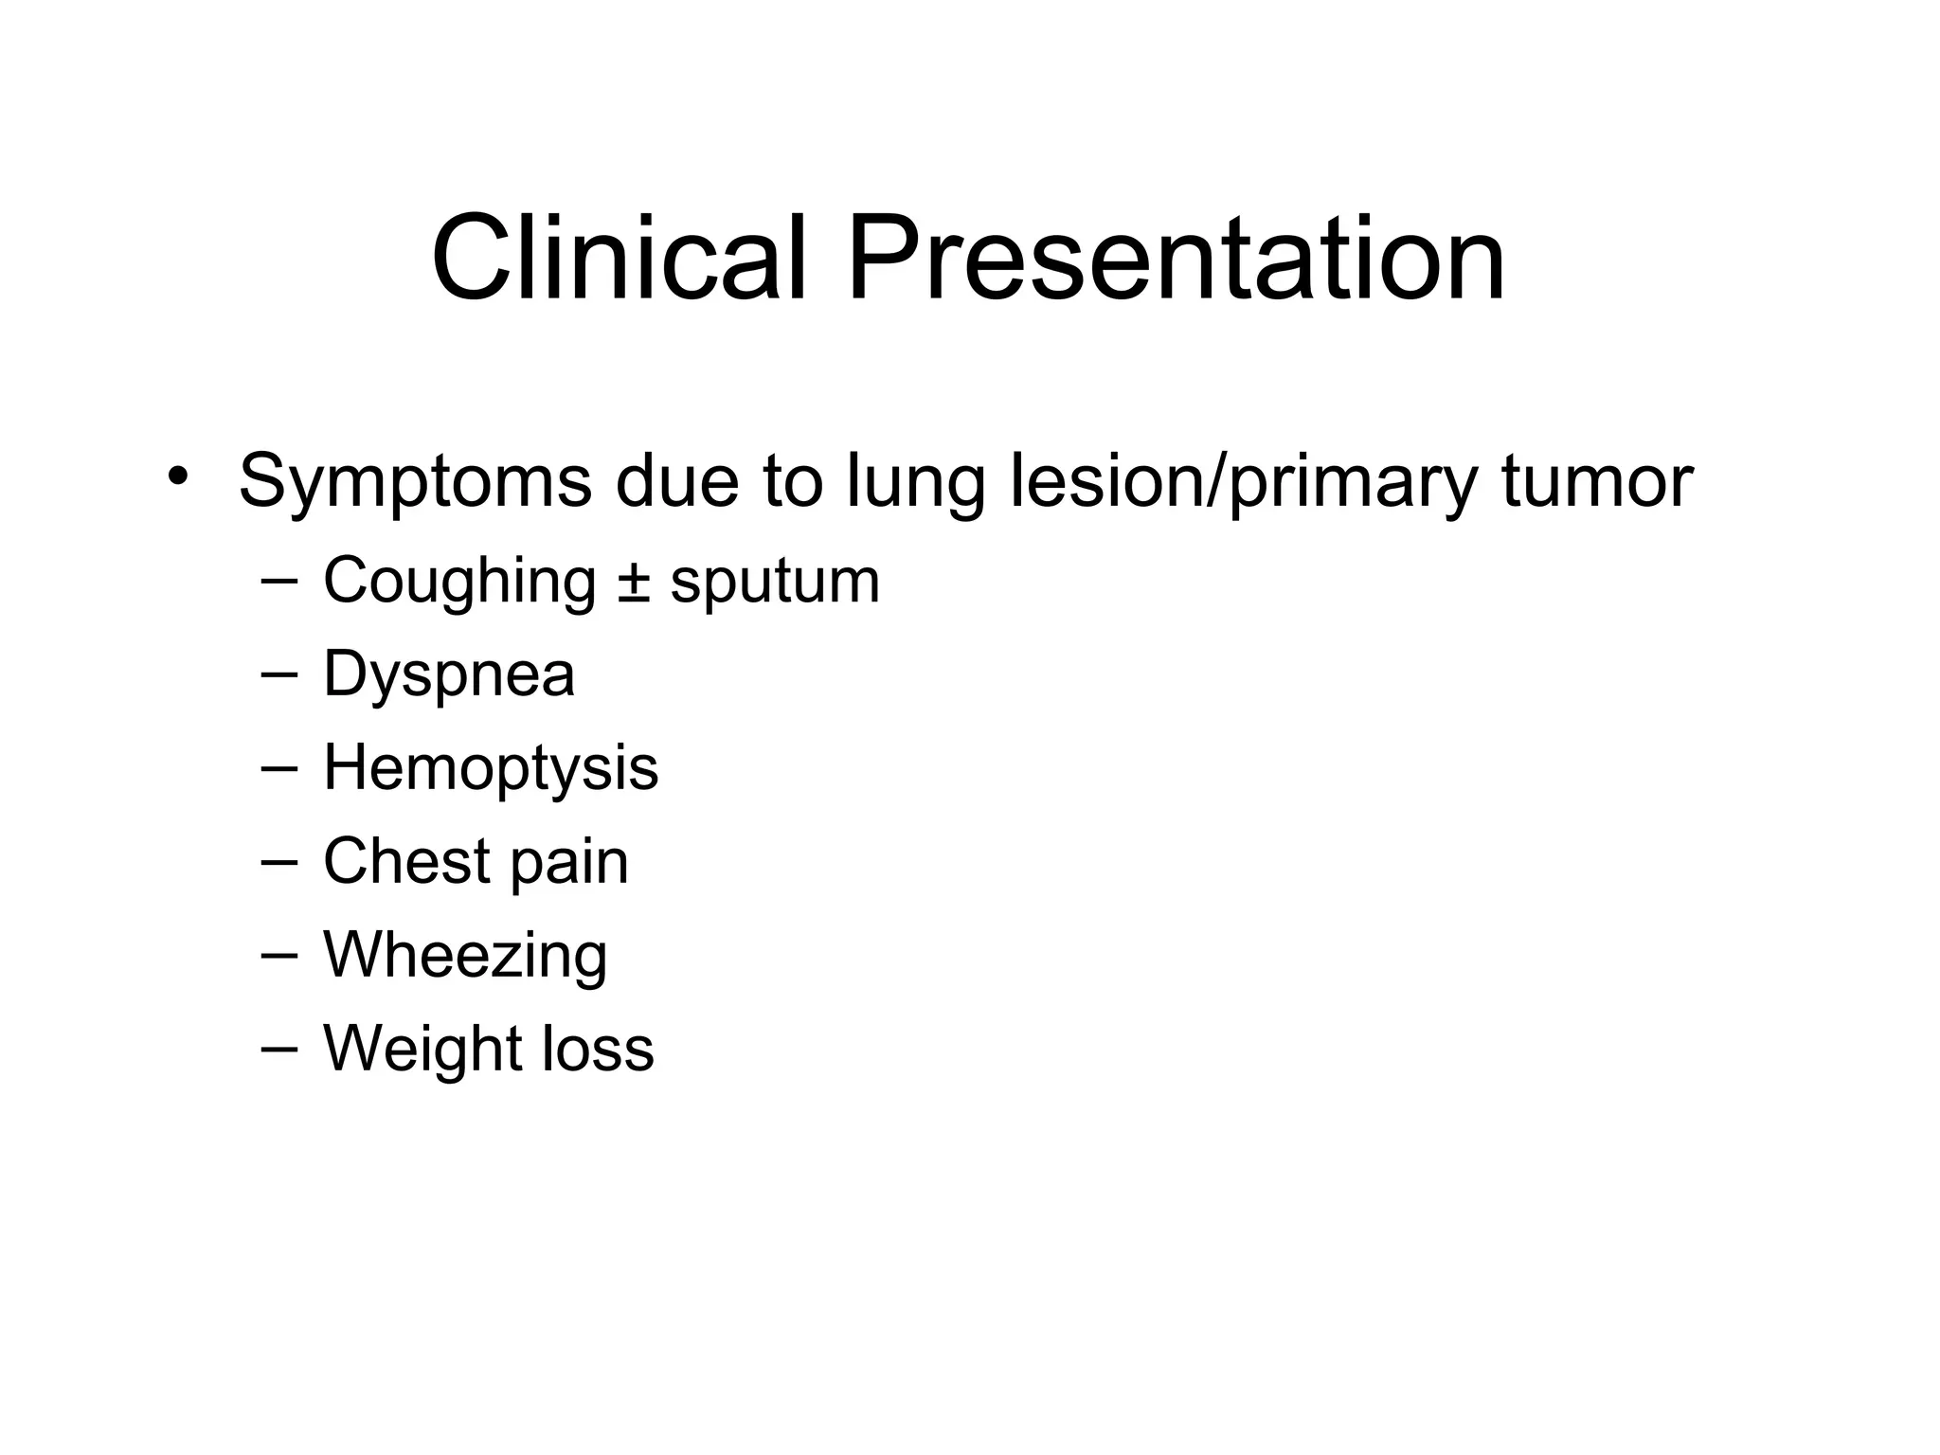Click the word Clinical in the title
pyautogui.click(x=620, y=258)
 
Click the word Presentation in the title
pyautogui.click(x=1176, y=258)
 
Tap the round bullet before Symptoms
pyautogui.click(x=175, y=476)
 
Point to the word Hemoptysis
pyautogui.click(x=491, y=768)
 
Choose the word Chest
pyautogui.click(x=406, y=861)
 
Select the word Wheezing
pyautogui.click(x=465, y=956)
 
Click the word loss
pyautogui.click(x=598, y=1049)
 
